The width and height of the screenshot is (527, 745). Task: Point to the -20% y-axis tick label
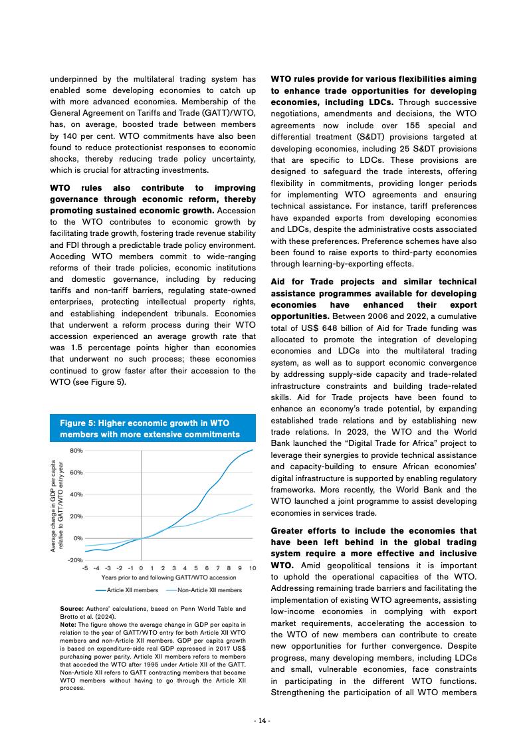pyautogui.click(x=74, y=560)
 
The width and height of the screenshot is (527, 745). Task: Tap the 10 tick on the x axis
pyautogui.click(x=253, y=568)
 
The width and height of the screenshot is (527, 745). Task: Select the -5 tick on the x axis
pyautogui.click(x=85, y=568)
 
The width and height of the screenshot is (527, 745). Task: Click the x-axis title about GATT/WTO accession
pyautogui.click(x=168, y=578)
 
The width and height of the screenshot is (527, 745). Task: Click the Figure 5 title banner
pyautogui.click(x=153, y=429)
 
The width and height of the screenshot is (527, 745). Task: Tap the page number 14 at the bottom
pyautogui.click(x=263, y=721)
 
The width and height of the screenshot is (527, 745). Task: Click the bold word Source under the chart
pyautogui.click(x=71, y=609)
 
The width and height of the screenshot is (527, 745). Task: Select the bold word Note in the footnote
pyautogui.click(x=68, y=624)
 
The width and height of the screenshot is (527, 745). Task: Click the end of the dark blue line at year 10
pyautogui.click(x=253, y=450)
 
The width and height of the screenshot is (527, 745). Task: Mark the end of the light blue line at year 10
pyautogui.click(x=253, y=504)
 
